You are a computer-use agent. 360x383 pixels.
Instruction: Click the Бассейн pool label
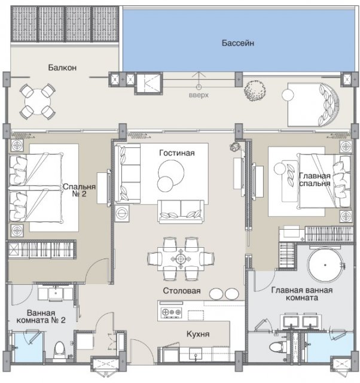tap(238, 43)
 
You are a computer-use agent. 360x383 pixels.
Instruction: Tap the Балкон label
tap(62, 67)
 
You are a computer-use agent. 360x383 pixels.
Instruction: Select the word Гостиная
tap(177, 153)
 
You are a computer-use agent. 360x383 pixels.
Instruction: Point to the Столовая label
tap(182, 291)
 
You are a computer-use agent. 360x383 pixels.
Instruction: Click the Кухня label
tap(198, 334)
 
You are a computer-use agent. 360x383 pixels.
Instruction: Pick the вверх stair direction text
tap(199, 95)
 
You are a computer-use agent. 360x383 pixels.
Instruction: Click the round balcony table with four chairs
tap(38, 102)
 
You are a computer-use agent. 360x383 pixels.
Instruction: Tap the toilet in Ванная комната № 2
tap(59, 350)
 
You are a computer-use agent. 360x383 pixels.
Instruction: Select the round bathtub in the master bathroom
tap(325, 265)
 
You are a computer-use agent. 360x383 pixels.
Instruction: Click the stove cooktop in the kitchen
tap(172, 312)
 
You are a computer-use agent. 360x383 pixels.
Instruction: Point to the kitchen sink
tap(196, 354)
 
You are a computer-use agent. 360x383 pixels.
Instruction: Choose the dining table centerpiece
tap(181, 259)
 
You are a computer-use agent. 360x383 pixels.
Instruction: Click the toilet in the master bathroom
tap(278, 346)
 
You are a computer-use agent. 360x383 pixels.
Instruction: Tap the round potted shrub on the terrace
tap(255, 90)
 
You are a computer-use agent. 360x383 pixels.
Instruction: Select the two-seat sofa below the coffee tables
tap(181, 211)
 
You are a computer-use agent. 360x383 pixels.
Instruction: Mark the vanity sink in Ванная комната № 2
tap(56, 293)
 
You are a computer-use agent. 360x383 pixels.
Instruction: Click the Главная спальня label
tap(315, 180)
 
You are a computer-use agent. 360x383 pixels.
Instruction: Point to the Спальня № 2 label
tap(79, 190)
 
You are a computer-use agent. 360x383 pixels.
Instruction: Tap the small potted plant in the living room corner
tap(235, 147)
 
